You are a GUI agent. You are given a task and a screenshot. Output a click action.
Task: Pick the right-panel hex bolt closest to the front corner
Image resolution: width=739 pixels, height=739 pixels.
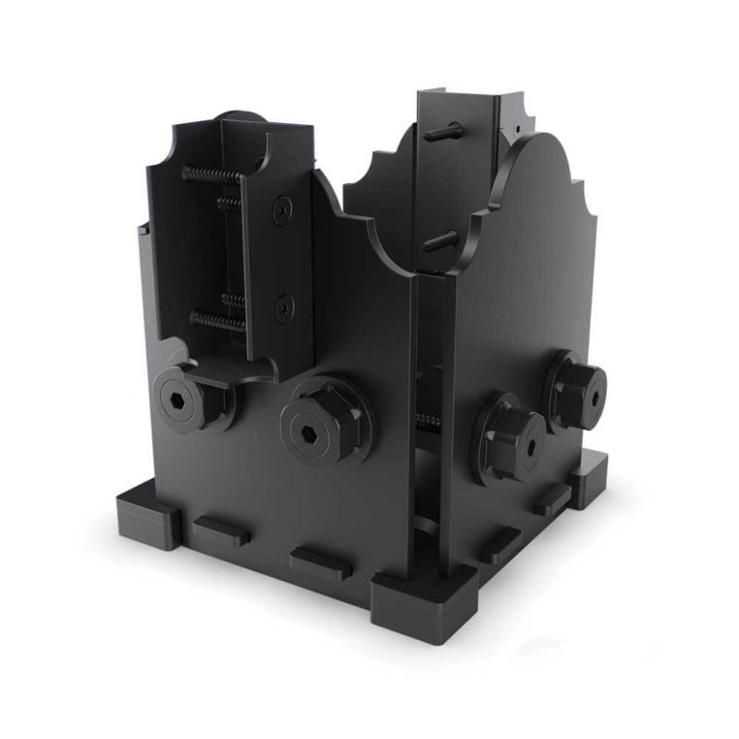coord(511,435)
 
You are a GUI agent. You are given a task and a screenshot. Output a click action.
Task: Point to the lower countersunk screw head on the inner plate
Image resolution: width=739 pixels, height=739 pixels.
coord(282,308)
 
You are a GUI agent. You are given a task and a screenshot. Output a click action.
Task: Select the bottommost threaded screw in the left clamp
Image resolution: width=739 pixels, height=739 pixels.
coord(215,319)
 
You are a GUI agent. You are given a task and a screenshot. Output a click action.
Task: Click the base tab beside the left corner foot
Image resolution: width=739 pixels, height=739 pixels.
coord(221,530)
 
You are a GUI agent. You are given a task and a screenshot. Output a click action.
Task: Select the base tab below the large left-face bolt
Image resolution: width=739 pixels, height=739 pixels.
coord(320,564)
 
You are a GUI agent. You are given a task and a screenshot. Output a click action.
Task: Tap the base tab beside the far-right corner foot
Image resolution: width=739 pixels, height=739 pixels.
coord(551,500)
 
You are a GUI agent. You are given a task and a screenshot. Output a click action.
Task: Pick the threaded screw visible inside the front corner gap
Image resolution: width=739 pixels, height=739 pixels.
coord(424,420)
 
